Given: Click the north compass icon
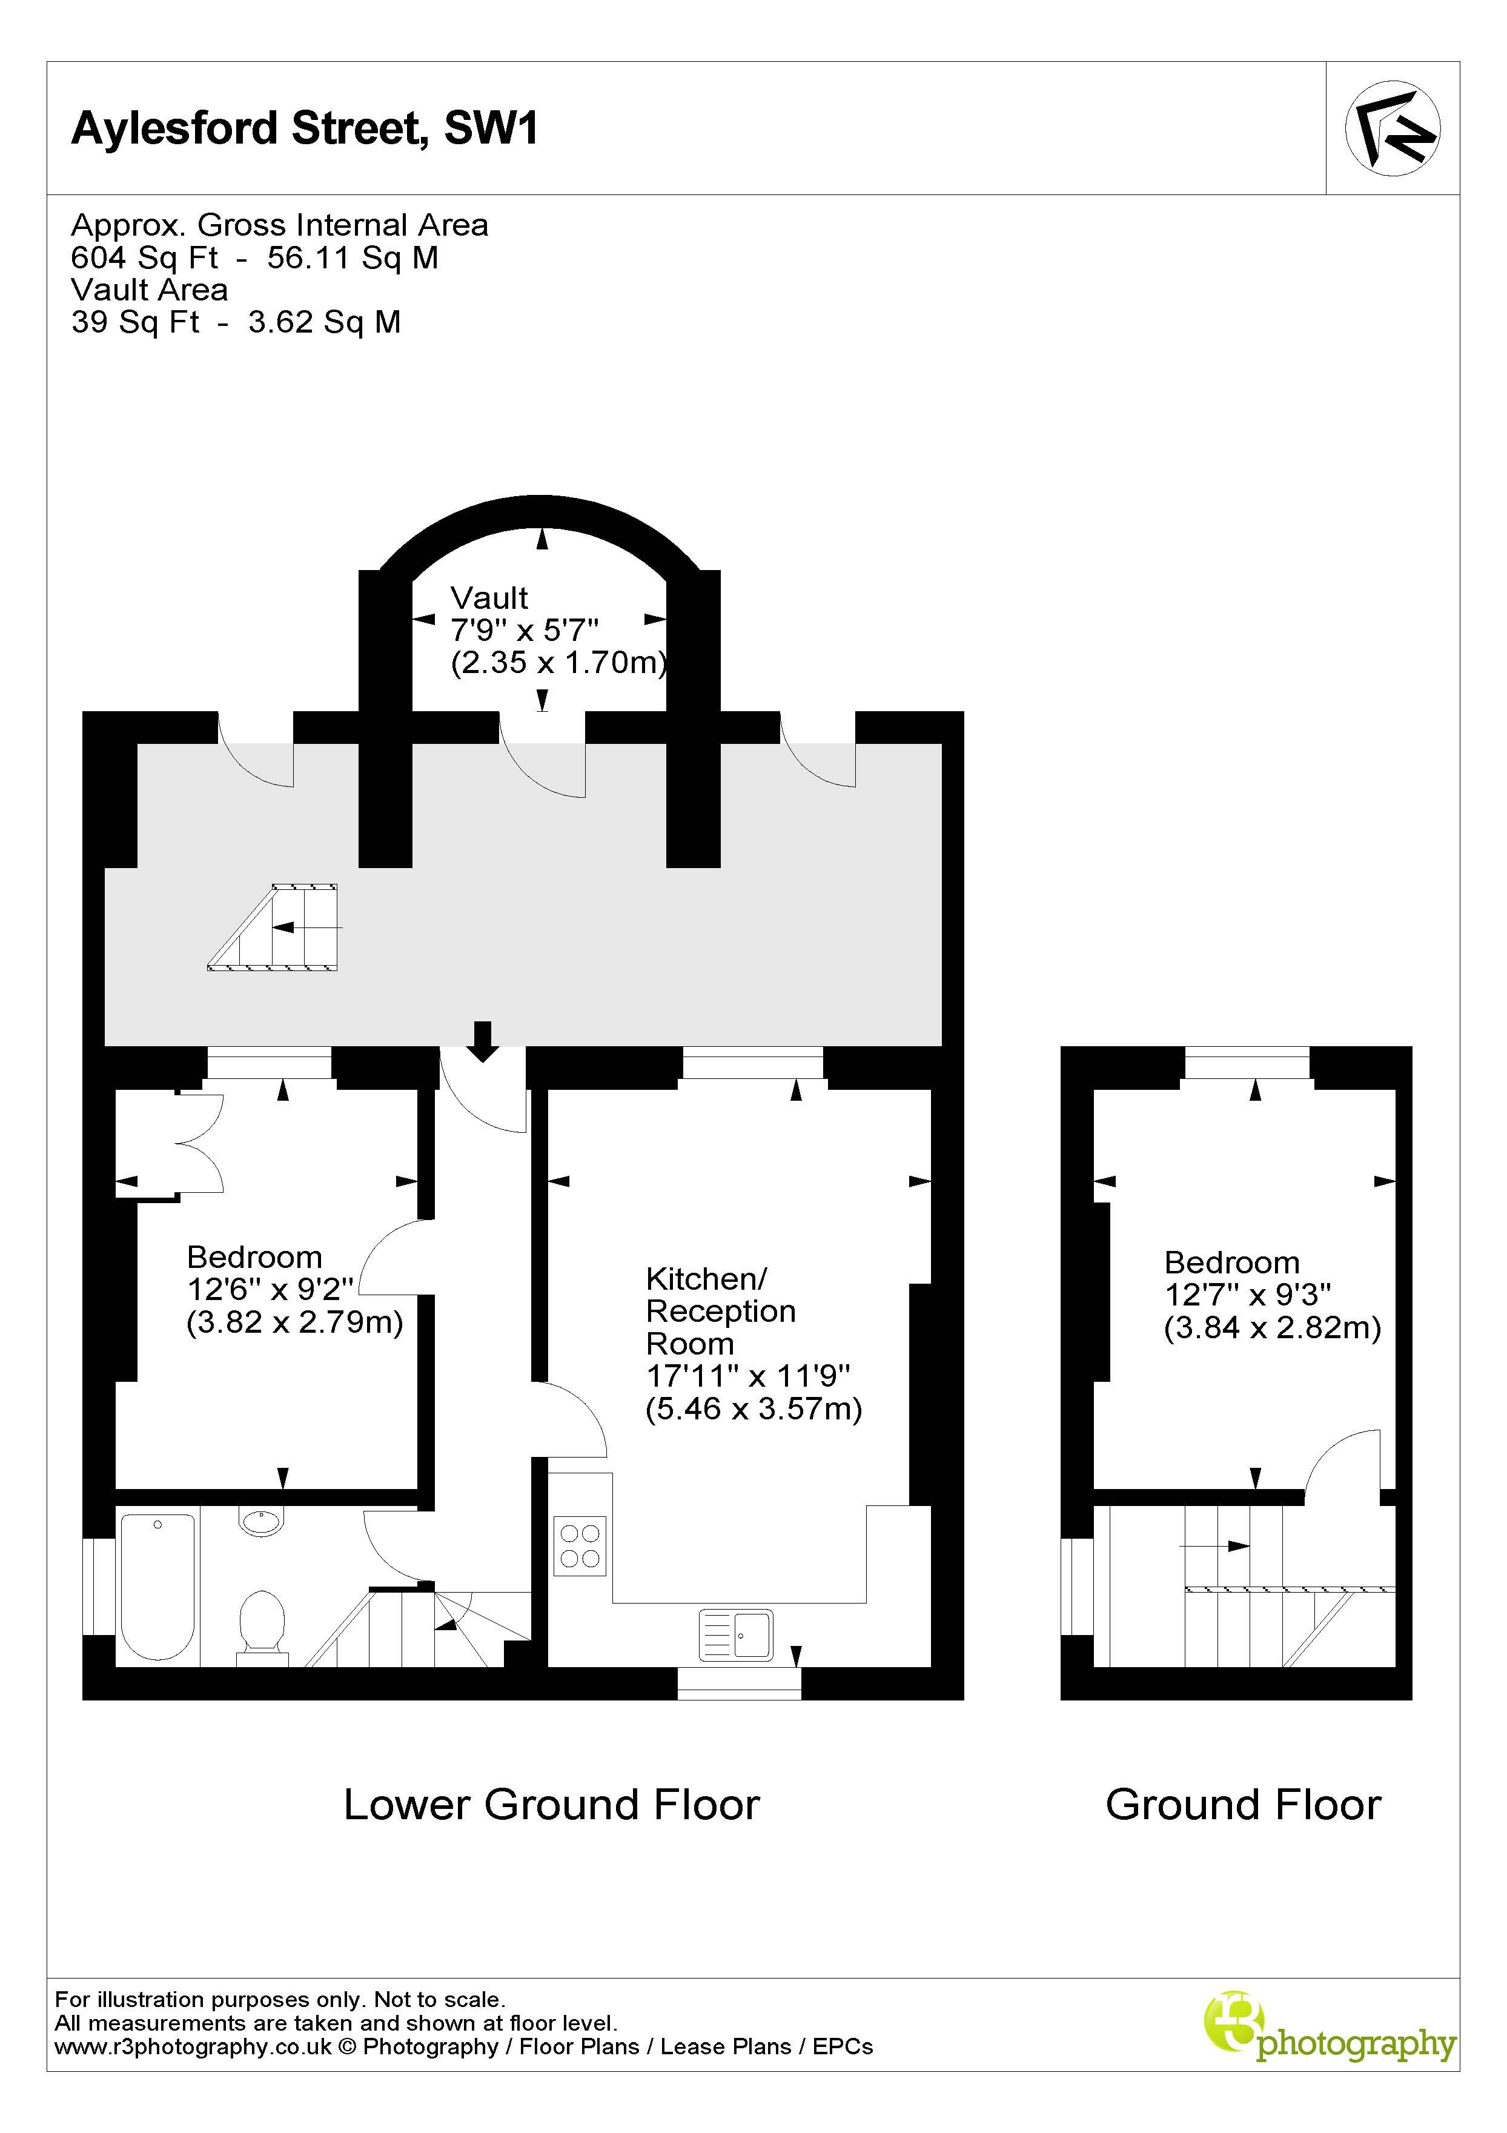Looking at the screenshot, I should point(1392,128).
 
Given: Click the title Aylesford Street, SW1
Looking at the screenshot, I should point(305,128).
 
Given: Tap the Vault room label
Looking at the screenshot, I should point(489,599).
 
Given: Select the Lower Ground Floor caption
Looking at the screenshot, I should point(552,1804).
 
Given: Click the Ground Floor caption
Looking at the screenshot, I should point(1243,1804).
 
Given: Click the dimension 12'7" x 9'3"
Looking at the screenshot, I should point(1248,1294).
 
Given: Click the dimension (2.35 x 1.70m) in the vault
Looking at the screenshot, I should point(559,662).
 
